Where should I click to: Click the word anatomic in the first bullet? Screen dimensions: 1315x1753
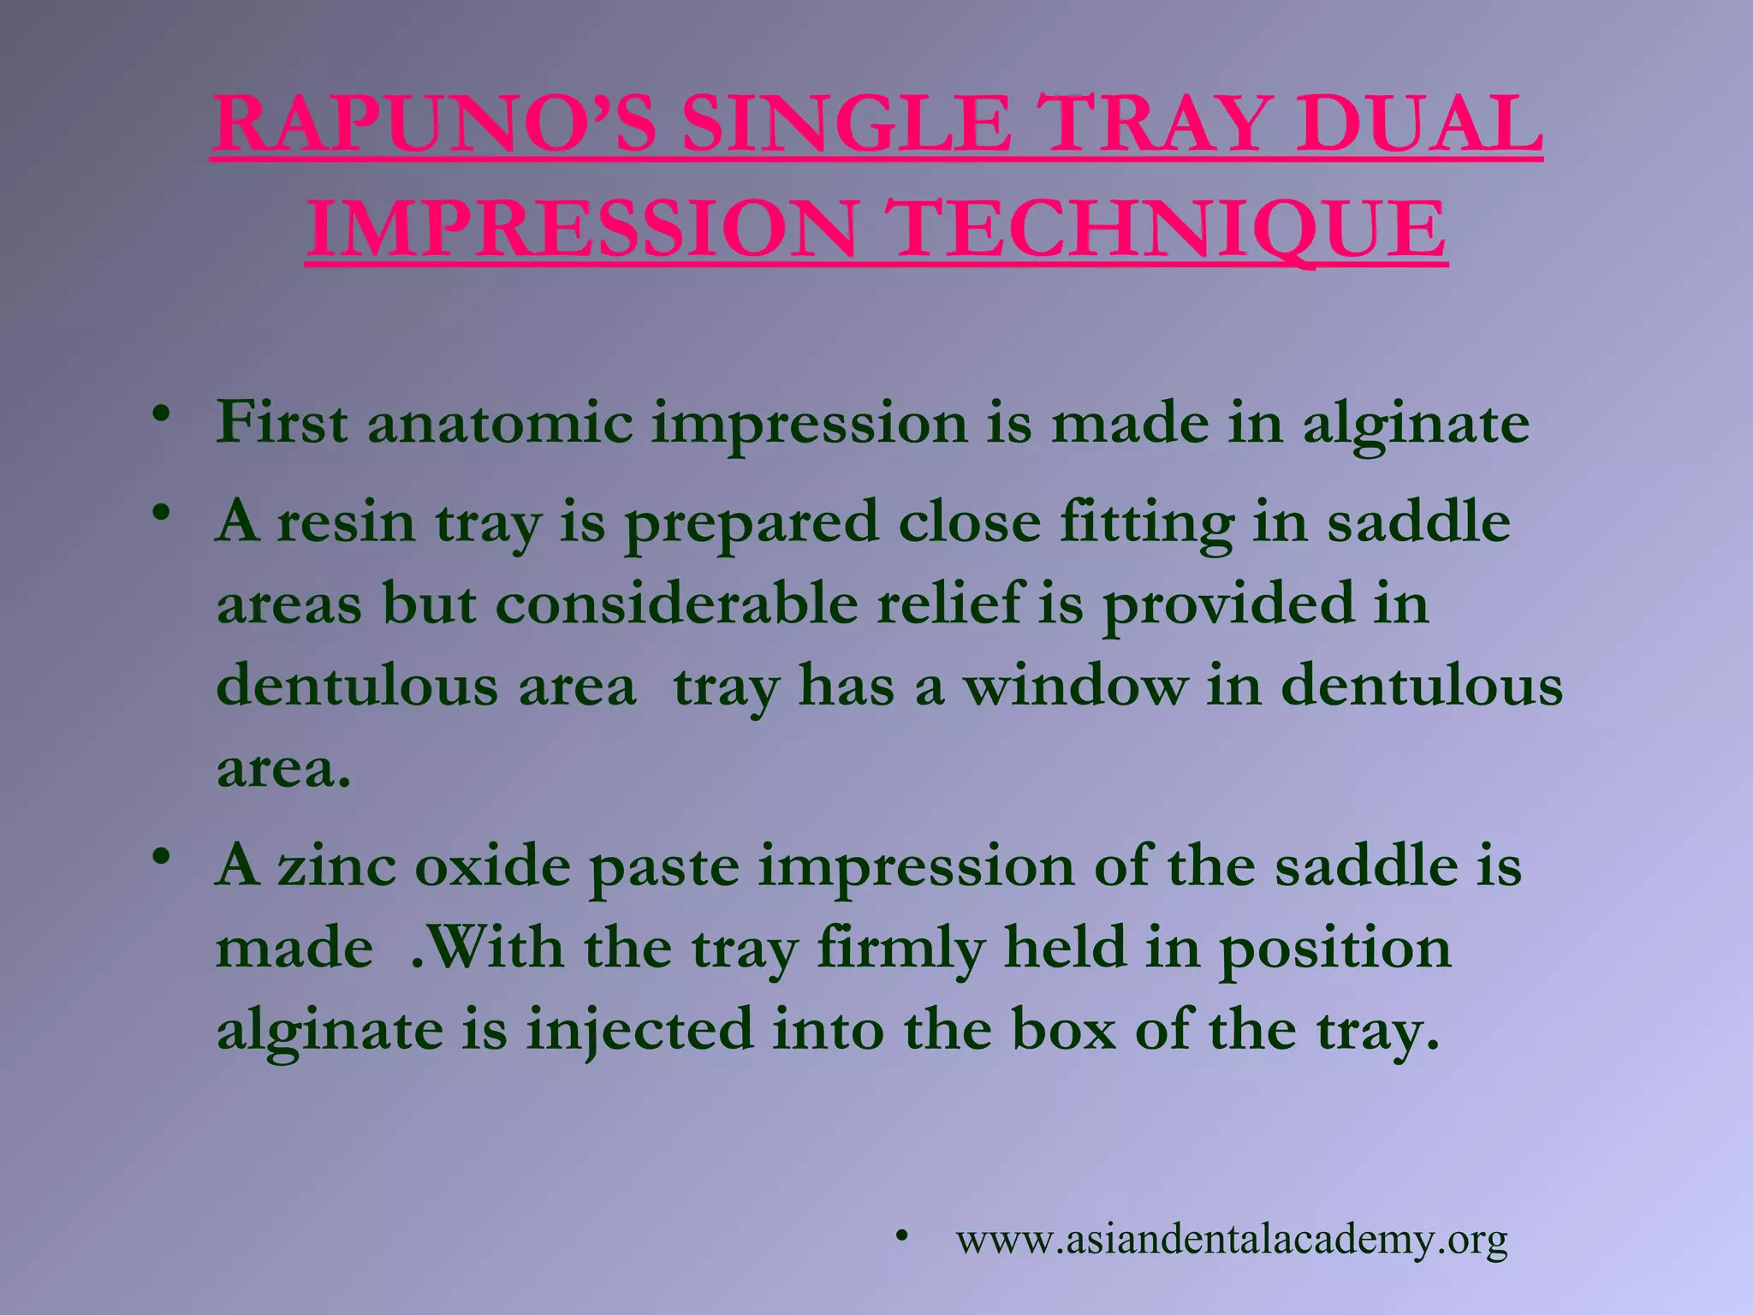point(501,424)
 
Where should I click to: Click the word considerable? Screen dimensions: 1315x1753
point(676,604)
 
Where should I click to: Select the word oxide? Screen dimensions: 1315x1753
point(492,866)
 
